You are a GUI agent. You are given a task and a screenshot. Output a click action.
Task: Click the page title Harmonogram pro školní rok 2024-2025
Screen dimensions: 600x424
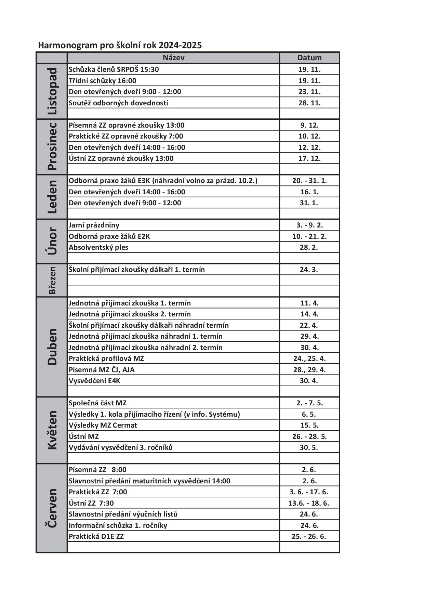click(x=120, y=45)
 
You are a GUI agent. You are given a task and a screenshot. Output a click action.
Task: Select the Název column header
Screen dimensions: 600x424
click(x=173, y=58)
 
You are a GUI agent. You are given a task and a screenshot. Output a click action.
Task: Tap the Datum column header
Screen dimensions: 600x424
click(x=309, y=58)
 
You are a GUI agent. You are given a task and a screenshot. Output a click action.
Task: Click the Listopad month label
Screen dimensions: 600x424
click(x=52, y=91)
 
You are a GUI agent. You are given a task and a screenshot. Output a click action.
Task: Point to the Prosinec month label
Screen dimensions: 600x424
click(x=52, y=147)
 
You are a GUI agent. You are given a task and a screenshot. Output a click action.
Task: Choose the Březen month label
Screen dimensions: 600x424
click(x=52, y=280)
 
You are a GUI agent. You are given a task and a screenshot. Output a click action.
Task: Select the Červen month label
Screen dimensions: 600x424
click(x=52, y=508)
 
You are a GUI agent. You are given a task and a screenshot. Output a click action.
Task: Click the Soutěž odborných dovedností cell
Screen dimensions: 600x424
click(x=118, y=103)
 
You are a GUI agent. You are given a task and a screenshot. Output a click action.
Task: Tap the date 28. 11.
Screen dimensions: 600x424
click(x=309, y=103)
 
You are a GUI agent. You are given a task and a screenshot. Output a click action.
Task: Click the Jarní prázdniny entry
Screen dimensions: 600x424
click(x=94, y=225)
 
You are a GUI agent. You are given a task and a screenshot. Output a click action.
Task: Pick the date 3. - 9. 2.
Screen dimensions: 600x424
click(x=309, y=225)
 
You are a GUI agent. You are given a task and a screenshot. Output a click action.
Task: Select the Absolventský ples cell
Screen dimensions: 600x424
click(x=98, y=247)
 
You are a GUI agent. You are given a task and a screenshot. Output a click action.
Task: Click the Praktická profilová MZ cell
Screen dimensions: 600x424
click(x=106, y=358)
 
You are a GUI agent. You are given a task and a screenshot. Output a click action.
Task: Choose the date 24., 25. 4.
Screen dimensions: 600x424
click(x=309, y=358)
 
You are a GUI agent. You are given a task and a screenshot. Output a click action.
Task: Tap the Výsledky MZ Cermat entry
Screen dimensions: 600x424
click(x=103, y=425)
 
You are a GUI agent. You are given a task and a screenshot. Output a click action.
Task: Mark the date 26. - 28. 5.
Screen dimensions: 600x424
click(x=309, y=436)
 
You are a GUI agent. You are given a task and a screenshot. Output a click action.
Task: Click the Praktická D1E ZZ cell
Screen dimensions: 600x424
click(x=96, y=536)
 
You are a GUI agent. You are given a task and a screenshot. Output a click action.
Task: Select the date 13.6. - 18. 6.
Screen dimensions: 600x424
click(x=309, y=503)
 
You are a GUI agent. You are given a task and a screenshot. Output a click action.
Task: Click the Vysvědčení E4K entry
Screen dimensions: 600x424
click(x=94, y=381)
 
